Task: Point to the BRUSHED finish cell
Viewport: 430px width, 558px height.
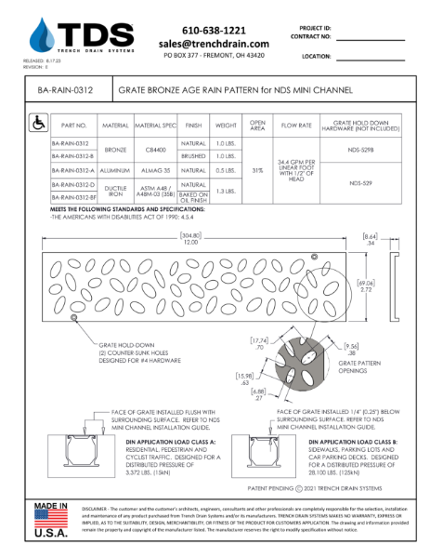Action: point(192,157)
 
